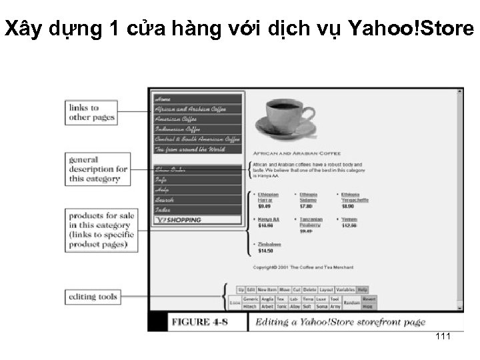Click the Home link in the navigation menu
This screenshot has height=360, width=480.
click(x=163, y=99)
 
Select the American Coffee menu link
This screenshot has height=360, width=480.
click(x=176, y=119)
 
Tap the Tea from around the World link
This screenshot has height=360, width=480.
click(x=189, y=149)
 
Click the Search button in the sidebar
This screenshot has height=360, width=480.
click(x=165, y=199)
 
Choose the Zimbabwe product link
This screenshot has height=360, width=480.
click(x=269, y=244)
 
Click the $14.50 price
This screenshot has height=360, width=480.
click(x=265, y=251)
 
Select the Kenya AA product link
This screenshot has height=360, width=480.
click(x=268, y=219)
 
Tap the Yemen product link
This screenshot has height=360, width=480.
click(x=349, y=219)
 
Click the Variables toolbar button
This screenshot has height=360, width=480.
click(x=345, y=290)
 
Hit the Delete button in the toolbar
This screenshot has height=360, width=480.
click(x=310, y=290)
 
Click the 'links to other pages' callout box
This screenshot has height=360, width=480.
click(x=92, y=113)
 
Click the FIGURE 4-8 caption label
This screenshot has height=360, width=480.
click(x=201, y=323)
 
